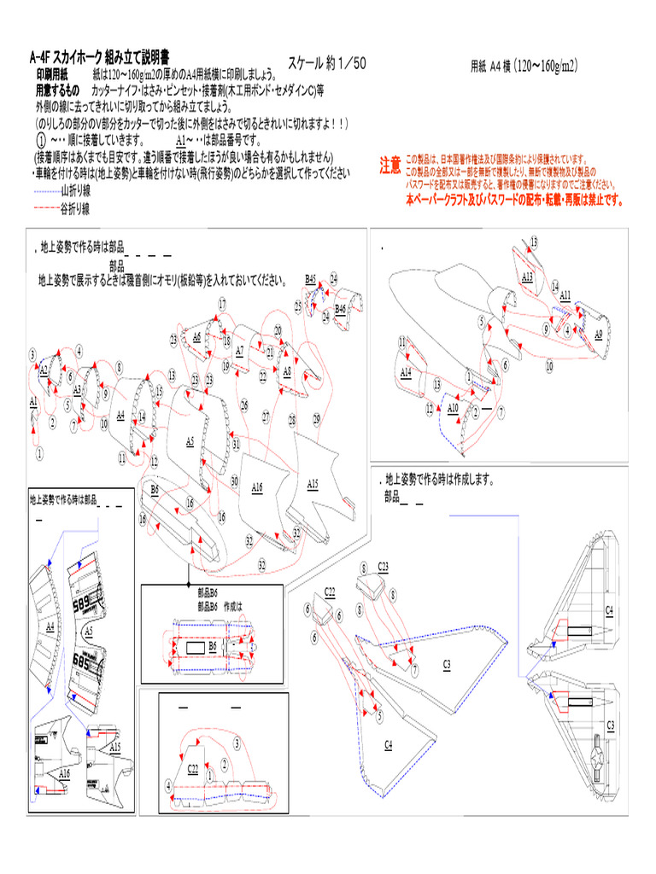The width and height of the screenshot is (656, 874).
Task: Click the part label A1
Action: pyautogui.click(x=33, y=400)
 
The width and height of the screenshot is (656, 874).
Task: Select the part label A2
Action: pyautogui.click(x=43, y=369)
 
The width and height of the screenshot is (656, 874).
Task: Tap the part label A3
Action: pyautogui.click(x=77, y=390)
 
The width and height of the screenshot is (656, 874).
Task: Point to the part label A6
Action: pyautogui.click(x=196, y=336)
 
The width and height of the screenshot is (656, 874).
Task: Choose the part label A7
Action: pyautogui.click(x=239, y=350)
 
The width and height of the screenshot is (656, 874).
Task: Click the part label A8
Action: pyautogui.click(x=287, y=371)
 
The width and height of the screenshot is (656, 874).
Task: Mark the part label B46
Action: pyautogui.click(x=340, y=307)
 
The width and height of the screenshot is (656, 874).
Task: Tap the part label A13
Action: pyautogui.click(x=527, y=277)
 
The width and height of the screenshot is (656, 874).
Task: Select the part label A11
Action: pyautogui.click(x=565, y=295)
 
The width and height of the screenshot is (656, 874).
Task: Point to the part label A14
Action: pyautogui.click(x=406, y=372)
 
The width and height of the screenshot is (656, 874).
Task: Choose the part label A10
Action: pyautogui.click(x=453, y=408)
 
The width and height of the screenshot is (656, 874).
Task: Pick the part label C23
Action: pyautogui.click(x=384, y=566)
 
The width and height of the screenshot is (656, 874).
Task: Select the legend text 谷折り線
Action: pyautogui.click(x=75, y=208)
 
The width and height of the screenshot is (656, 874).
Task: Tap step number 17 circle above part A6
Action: pyautogui.click(x=222, y=304)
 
